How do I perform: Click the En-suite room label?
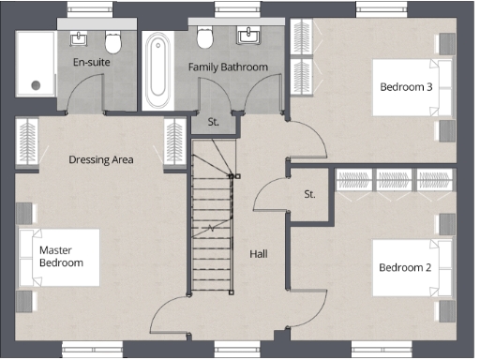(91, 63)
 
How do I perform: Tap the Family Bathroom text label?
(228, 67)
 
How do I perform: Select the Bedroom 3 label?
(405, 87)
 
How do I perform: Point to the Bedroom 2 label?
(405, 267)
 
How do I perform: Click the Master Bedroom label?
(61, 256)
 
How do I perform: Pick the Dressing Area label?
(101, 159)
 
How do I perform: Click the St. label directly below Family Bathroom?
(213, 122)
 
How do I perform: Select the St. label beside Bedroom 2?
(309, 194)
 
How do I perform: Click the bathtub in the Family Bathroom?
(157, 69)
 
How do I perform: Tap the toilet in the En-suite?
(113, 41)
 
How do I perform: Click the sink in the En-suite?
(80, 38)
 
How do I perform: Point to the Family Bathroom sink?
(249, 37)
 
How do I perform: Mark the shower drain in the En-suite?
(37, 84)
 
